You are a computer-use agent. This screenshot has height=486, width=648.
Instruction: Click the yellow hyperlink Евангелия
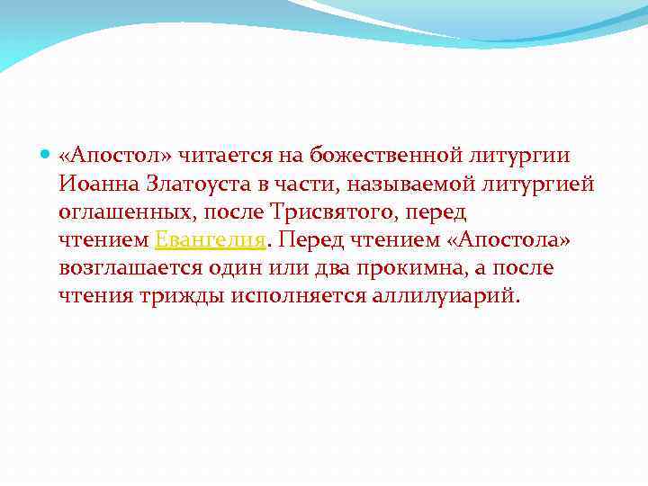coord(211,240)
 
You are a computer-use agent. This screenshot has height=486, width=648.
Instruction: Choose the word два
coord(344,268)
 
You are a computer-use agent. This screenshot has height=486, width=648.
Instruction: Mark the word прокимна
coord(427,268)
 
